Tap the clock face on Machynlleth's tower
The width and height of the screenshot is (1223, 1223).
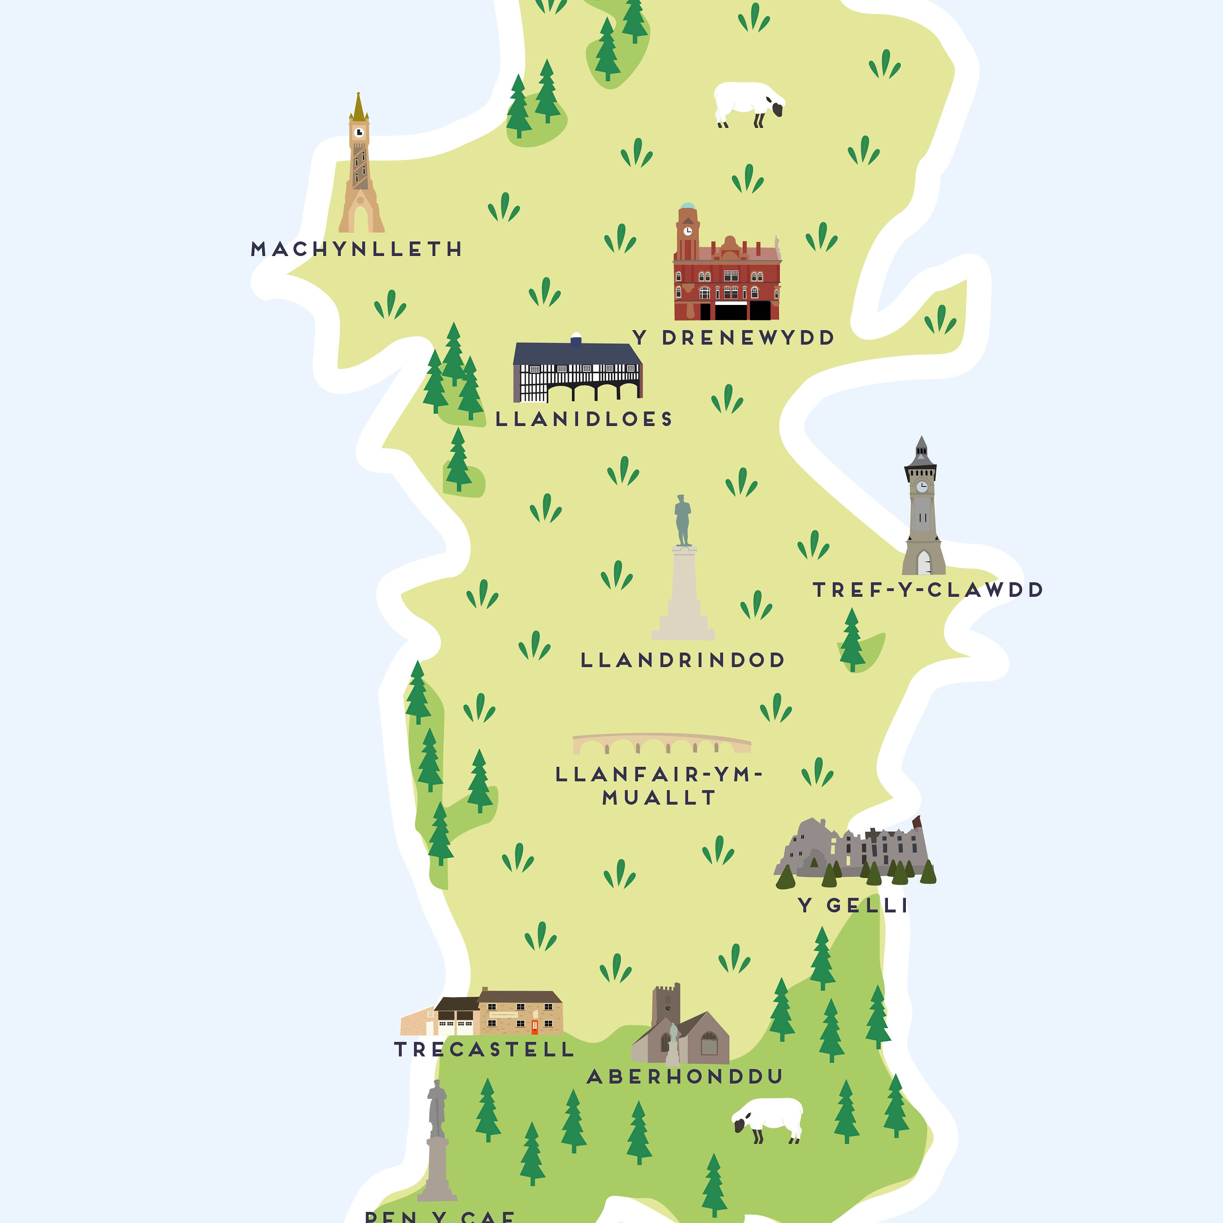(x=359, y=132)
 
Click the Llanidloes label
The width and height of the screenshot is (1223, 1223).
(x=584, y=419)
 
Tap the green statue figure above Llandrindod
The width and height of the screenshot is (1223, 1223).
(x=682, y=520)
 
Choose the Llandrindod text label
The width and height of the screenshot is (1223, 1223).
(x=683, y=660)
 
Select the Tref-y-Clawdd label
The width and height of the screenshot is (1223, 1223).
(x=927, y=590)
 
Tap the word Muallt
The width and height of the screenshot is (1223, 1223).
(x=658, y=798)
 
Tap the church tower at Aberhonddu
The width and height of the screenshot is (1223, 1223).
(x=667, y=1007)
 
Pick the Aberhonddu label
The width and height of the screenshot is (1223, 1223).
(x=685, y=1076)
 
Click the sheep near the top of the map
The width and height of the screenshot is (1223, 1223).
(x=748, y=103)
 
